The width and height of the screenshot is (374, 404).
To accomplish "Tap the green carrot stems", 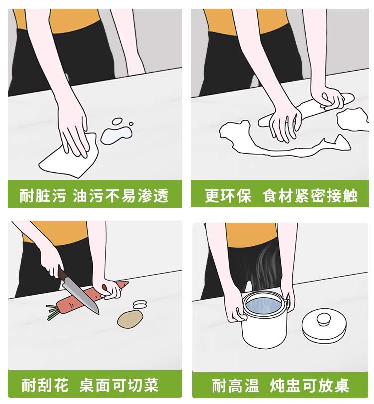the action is click(x=53, y=311).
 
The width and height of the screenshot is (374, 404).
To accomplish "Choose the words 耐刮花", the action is click(x=45, y=385).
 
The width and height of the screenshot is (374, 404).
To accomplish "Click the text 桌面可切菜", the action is click(x=119, y=385).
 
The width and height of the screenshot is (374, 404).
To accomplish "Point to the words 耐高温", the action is click(x=235, y=385).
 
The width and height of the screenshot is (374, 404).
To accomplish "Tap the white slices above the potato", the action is click(x=140, y=304).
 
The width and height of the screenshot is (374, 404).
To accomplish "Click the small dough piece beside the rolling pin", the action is click(x=353, y=119).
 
